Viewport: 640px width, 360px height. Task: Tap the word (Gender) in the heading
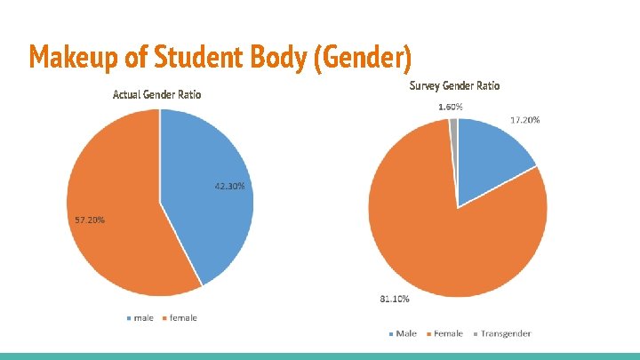click(x=363, y=58)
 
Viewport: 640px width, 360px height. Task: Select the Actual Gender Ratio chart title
click(x=156, y=95)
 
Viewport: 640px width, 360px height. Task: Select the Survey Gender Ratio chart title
click(x=455, y=85)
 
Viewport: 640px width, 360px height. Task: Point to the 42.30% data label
click(x=230, y=186)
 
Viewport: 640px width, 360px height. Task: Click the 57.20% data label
click(x=90, y=220)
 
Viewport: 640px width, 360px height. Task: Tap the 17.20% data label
click(x=525, y=120)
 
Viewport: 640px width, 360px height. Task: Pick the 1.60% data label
click(x=451, y=107)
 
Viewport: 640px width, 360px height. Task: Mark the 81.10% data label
click(x=395, y=300)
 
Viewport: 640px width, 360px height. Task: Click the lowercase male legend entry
click(x=140, y=318)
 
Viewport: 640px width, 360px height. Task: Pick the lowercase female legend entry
click(x=180, y=318)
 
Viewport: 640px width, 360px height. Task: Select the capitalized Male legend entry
click(x=403, y=333)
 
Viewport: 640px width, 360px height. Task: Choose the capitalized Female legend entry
click(x=444, y=333)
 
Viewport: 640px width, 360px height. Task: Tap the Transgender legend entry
click(x=502, y=334)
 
